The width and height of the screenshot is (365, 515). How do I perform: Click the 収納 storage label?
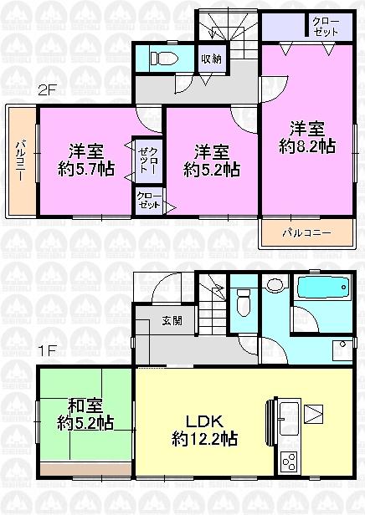(x=210, y=59)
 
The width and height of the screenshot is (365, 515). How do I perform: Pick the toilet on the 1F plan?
(x=244, y=302)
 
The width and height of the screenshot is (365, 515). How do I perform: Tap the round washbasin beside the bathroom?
(x=273, y=286)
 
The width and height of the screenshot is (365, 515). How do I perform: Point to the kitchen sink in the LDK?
(x=285, y=414)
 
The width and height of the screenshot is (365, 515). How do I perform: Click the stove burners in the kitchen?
(x=288, y=461)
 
